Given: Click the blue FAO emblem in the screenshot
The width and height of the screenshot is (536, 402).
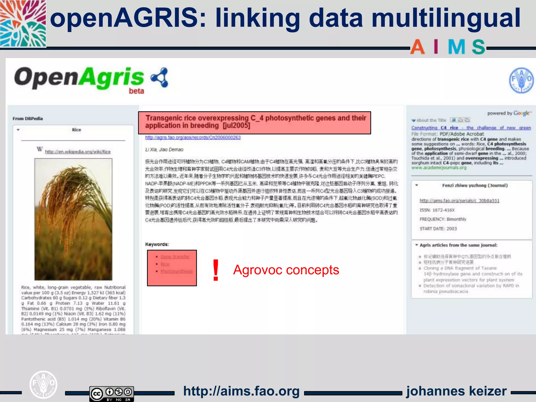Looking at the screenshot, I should pyautogui.click(x=521, y=81).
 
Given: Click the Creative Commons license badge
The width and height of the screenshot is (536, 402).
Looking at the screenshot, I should pyautogui.click(x=111, y=393).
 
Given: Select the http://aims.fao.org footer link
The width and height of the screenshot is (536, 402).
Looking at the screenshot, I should pyautogui.click(x=241, y=391).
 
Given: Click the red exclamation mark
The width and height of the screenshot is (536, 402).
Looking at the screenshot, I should pyautogui.click(x=216, y=270).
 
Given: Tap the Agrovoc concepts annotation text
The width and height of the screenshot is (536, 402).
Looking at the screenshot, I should pyautogui.click(x=286, y=270).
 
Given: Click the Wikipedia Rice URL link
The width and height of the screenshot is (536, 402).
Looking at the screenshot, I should pyautogui.click(x=78, y=152).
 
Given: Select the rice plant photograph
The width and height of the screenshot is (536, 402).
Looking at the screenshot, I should pyautogui.click(x=73, y=219).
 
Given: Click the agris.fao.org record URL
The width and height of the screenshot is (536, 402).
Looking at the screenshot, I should pyautogui.click(x=193, y=137).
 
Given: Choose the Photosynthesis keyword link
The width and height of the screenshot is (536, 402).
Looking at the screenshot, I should pyautogui.click(x=176, y=271).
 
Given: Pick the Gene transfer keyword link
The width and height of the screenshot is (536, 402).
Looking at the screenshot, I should pyautogui.click(x=175, y=257).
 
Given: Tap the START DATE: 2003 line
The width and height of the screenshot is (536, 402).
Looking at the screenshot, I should pyautogui.click(x=438, y=229).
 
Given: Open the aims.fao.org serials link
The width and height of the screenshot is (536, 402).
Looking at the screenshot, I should pyautogui.click(x=459, y=201).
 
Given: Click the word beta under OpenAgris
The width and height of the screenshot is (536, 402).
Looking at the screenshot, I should pyautogui.click(x=136, y=91).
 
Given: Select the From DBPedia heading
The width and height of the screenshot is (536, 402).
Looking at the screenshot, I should pyautogui.click(x=28, y=119).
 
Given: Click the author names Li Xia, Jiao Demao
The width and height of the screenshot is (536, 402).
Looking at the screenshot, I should pyautogui.click(x=164, y=150).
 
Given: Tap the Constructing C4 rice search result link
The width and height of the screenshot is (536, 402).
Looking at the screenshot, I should pyautogui.click(x=471, y=128).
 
